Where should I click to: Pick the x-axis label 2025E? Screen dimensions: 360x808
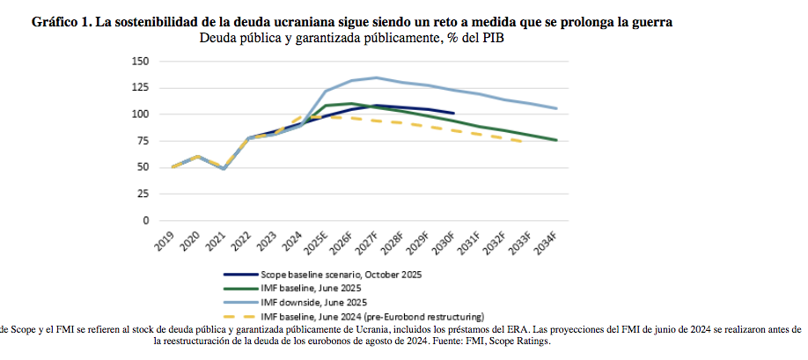317,243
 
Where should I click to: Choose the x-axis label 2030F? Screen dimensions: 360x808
444,243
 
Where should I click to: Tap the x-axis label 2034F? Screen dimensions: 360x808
546,243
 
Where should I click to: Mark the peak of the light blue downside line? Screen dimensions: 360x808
377,77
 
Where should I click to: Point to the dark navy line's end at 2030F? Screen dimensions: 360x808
452,113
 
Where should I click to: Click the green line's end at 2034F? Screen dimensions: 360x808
556,140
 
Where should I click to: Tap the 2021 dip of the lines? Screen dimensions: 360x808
224,168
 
